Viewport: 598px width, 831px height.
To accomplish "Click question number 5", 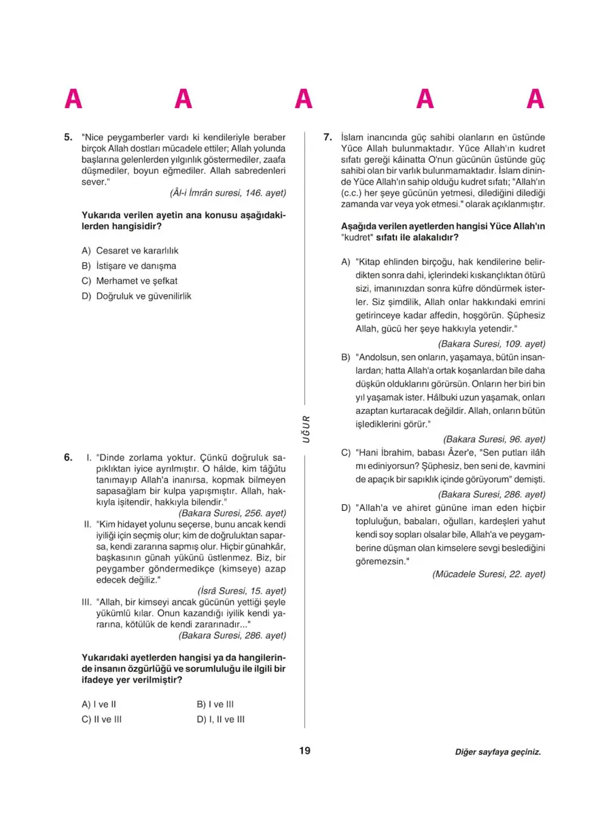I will pyautogui.click(x=68, y=137).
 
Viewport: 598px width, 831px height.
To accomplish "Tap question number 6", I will pyautogui.click(x=68, y=457).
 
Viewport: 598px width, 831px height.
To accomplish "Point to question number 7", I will pyautogui.click(x=327, y=137).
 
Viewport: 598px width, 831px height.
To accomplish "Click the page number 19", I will pyautogui.click(x=304, y=751).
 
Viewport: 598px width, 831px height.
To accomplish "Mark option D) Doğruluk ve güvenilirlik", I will pyautogui.click(x=136, y=296).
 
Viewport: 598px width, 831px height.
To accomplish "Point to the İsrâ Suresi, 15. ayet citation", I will pyautogui.click(x=241, y=590).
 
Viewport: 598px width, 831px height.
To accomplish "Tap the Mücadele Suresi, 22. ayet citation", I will pyautogui.click(x=489, y=573).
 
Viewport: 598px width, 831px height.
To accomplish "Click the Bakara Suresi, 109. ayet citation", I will pyautogui.click(x=491, y=344).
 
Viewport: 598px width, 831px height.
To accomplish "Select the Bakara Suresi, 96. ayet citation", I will pyautogui.click(x=494, y=439).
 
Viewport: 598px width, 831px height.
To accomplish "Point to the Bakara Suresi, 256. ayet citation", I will pyautogui.click(x=232, y=513).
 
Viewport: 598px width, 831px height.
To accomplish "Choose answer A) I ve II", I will pyautogui.click(x=99, y=705).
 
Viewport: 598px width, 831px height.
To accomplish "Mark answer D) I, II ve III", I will pyautogui.click(x=220, y=719).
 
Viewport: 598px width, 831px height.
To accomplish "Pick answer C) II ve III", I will pyautogui.click(x=101, y=719).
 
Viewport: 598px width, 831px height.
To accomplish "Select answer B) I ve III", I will pyautogui.click(x=215, y=705).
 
